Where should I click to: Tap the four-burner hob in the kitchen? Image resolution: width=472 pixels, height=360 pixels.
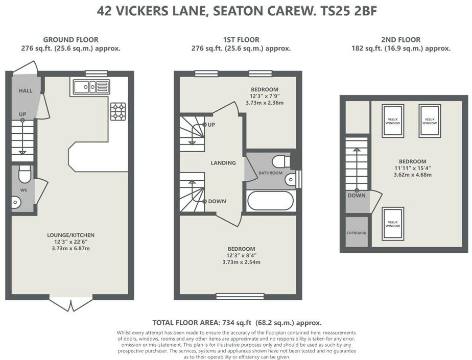pyautogui.click(x=117, y=111)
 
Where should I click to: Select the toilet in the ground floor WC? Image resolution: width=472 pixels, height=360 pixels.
pyautogui.click(x=25, y=174)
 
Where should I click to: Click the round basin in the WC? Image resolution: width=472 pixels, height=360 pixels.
pyautogui.click(x=16, y=202)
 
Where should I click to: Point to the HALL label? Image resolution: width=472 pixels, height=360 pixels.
pyautogui.click(x=26, y=90)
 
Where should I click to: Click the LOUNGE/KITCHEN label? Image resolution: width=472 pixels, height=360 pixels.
pyautogui.click(x=70, y=235)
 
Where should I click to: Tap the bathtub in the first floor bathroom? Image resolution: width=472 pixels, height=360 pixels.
pyautogui.click(x=270, y=201)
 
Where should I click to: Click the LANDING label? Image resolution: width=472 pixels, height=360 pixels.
pyautogui.click(x=223, y=163)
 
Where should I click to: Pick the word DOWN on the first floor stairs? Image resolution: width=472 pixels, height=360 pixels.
pyautogui.click(x=217, y=201)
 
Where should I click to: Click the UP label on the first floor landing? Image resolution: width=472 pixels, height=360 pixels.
pyautogui.click(x=211, y=125)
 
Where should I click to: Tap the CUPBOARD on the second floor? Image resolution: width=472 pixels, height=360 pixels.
pyautogui.click(x=357, y=233)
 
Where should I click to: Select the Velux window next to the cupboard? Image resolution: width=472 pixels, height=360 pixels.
pyautogui.click(x=393, y=224)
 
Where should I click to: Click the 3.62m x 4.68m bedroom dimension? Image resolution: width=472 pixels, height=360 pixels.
pyautogui.click(x=412, y=175)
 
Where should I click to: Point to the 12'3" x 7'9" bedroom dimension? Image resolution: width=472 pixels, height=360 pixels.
pyautogui.click(x=265, y=96)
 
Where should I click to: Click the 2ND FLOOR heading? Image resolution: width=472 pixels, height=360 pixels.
pyautogui.click(x=400, y=39)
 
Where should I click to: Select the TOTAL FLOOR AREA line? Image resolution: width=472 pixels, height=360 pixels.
pyautogui.click(x=237, y=323)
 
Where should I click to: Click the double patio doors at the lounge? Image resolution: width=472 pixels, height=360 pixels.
pyautogui.click(x=71, y=304)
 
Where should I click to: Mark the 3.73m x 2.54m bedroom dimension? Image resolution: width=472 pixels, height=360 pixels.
pyautogui.click(x=242, y=262)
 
